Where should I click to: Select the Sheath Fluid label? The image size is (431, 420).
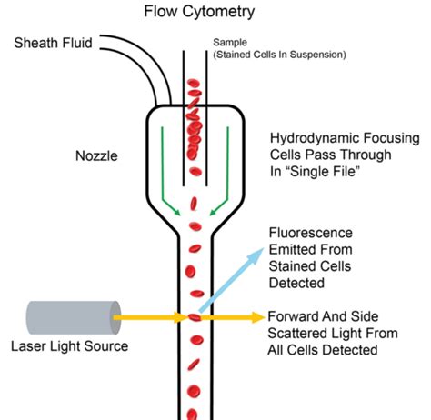[52, 42]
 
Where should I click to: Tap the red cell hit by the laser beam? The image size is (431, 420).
[193, 317]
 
